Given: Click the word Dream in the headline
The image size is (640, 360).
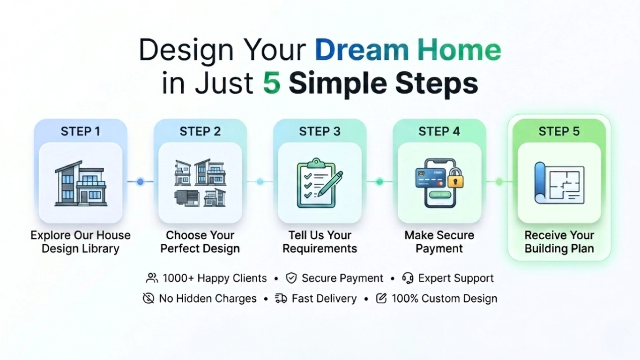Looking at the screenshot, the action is (x=362, y=50).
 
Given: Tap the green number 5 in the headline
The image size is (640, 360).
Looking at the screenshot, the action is (x=271, y=83).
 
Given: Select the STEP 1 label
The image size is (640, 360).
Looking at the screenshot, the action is (x=80, y=132).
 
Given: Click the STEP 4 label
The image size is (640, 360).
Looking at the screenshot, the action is (x=439, y=132).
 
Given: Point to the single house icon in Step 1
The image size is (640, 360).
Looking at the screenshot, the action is (x=81, y=183).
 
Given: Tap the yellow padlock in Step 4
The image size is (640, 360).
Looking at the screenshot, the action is (x=455, y=178).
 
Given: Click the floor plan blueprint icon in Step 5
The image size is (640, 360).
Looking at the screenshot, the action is (x=559, y=183).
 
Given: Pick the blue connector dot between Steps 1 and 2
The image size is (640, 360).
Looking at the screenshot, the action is (x=140, y=181).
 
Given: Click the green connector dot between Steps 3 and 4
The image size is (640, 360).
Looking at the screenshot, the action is (x=380, y=181).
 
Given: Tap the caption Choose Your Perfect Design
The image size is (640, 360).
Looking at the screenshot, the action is (x=200, y=242).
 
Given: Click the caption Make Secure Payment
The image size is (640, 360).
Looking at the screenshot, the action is (x=439, y=242).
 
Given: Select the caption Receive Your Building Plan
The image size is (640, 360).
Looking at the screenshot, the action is (x=559, y=242).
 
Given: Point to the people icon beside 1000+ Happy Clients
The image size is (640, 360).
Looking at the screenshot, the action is (x=152, y=278).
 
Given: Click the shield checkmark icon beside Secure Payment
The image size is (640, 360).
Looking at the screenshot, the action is (x=291, y=278).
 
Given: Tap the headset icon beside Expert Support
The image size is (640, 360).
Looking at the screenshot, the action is (x=408, y=278).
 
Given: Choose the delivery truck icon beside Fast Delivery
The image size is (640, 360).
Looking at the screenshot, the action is (x=281, y=299).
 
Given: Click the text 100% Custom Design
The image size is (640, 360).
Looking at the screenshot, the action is (x=444, y=299).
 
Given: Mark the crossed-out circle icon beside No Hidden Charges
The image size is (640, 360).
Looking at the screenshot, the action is (x=149, y=299).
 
